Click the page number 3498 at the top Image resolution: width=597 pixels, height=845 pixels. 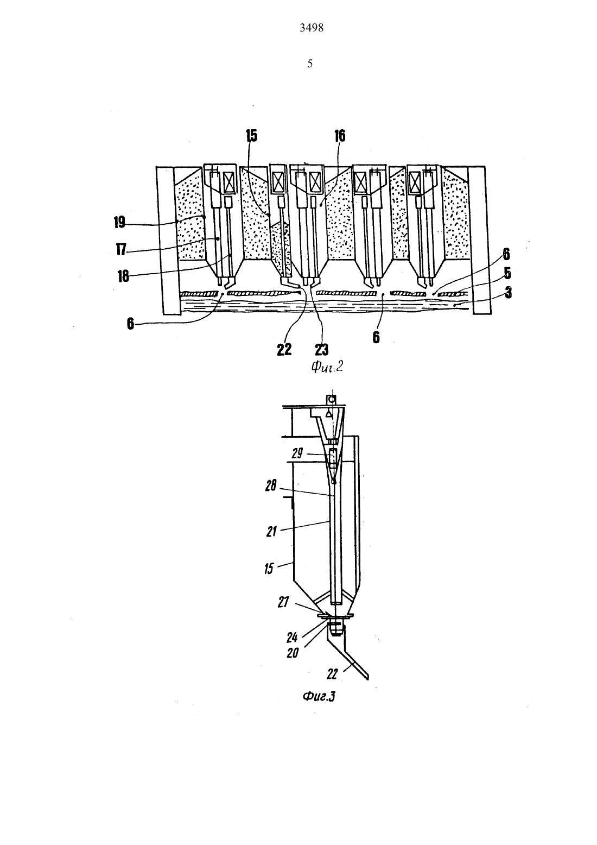[x=312, y=28]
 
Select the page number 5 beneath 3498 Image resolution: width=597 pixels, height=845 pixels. [x=310, y=64]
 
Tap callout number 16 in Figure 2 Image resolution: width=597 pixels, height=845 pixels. [x=340, y=136]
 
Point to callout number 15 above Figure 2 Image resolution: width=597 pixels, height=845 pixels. [x=251, y=136]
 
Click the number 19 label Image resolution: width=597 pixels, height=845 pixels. [x=119, y=222]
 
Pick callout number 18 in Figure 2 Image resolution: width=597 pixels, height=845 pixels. [x=123, y=276]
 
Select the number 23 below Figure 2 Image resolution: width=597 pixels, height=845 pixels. [x=321, y=350]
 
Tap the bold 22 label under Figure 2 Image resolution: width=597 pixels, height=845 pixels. [x=284, y=350]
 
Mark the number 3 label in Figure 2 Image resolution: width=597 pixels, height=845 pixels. [x=509, y=293]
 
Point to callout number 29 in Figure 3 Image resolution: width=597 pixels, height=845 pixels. [x=297, y=453]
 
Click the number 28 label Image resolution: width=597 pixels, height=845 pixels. [x=271, y=486]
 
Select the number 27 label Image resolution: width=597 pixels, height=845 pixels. [x=283, y=602]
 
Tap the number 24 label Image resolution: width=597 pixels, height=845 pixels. [x=292, y=638]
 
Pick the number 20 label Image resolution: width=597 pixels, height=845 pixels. [x=293, y=653]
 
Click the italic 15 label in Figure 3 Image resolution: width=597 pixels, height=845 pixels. [x=269, y=569]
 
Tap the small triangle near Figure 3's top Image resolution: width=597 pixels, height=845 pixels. [x=329, y=414]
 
